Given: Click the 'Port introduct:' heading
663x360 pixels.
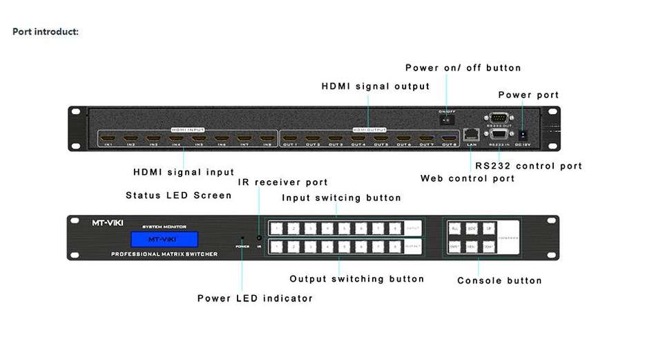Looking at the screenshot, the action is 46,32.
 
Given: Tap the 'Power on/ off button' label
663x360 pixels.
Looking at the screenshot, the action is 463,68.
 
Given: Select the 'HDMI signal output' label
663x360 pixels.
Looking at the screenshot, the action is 376,86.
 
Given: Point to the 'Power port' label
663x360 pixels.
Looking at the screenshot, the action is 528,95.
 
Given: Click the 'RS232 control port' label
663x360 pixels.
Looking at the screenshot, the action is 528,166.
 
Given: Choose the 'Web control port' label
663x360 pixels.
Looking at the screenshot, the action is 468,178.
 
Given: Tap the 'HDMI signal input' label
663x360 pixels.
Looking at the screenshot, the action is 183,172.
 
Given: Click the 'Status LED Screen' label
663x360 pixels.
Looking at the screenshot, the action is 178,196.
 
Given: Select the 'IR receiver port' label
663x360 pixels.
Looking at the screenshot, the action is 282,182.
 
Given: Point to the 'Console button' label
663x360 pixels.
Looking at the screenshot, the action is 499,281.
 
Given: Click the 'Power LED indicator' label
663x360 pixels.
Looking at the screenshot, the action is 255,299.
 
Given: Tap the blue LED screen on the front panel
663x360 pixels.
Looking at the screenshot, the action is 163,239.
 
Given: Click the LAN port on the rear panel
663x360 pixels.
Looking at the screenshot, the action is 471,133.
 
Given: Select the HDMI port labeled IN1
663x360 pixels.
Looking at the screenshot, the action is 108,137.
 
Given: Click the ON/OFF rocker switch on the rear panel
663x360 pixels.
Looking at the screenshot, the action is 445,119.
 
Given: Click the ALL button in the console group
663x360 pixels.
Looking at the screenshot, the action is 455,228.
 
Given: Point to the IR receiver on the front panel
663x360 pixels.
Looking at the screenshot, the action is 259,238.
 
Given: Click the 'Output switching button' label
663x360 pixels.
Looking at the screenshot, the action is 356,279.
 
